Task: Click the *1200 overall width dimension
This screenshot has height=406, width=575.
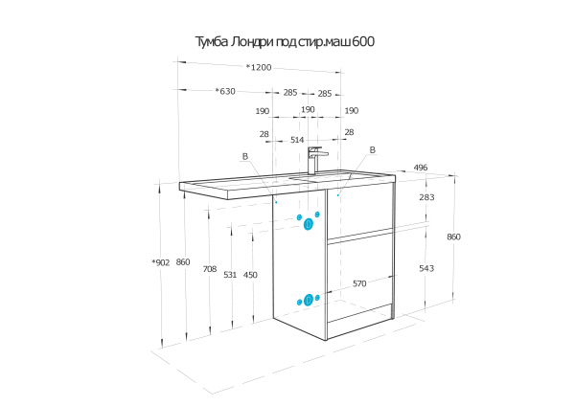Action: coord(259,67)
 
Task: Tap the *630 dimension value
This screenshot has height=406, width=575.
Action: coord(225,92)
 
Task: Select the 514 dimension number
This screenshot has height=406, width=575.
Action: coord(299,140)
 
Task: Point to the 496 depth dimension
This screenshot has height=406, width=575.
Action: coord(420,169)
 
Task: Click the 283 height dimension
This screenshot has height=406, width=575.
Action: coord(426,197)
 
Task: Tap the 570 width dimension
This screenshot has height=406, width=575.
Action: coord(359,283)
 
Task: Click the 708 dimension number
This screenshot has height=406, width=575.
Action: coord(209,270)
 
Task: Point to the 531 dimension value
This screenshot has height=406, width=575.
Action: coord(230,275)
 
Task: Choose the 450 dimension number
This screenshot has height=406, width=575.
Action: coord(250,275)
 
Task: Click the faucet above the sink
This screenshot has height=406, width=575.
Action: coord(315,158)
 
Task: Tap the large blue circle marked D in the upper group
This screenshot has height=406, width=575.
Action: coord(309,224)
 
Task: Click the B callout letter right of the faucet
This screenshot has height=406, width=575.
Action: coord(373,150)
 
